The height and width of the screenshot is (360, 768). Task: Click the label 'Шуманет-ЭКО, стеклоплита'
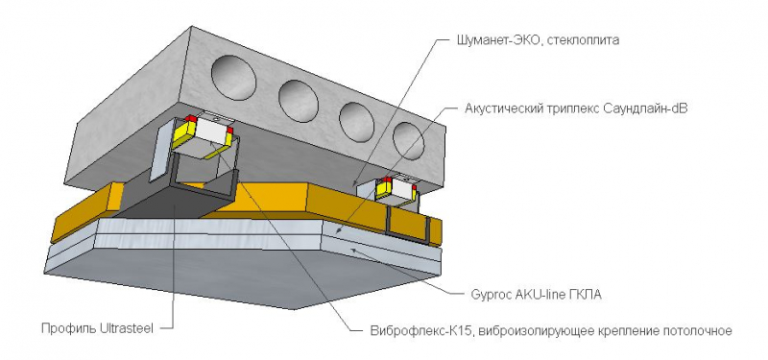(x=535, y=40)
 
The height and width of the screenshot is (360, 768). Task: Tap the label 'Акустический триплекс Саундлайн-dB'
(x=576, y=108)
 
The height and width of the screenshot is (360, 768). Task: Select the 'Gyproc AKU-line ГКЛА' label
(x=536, y=295)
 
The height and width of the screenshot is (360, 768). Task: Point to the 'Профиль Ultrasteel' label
(x=98, y=328)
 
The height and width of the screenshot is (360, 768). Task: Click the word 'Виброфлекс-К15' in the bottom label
(x=420, y=330)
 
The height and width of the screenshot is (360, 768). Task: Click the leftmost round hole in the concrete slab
(x=233, y=78)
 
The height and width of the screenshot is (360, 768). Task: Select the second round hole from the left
(x=299, y=101)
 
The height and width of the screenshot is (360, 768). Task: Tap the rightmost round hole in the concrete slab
(x=408, y=141)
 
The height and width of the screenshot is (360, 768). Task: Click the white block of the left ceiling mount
(x=212, y=132)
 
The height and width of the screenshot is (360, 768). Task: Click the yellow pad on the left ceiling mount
(x=182, y=132)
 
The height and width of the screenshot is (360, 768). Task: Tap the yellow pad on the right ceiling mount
(x=382, y=190)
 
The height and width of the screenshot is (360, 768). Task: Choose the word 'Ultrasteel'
(x=125, y=328)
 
